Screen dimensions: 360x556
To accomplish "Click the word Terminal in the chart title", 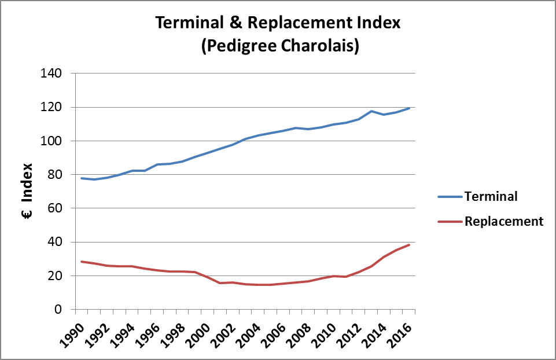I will [x=184, y=24].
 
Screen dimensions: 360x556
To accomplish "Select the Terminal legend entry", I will [x=491, y=196].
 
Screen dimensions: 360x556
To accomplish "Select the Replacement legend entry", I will [x=503, y=221].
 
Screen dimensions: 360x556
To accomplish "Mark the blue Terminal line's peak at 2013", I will [x=371, y=111].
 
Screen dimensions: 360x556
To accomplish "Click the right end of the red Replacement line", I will [x=409, y=245].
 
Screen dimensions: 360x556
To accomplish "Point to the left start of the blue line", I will [x=81, y=178].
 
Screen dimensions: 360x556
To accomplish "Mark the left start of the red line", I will [x=81, y=262].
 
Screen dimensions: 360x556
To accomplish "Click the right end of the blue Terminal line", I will [x=409, y=108].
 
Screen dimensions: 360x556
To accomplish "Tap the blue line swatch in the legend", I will [x=448, y=197].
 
